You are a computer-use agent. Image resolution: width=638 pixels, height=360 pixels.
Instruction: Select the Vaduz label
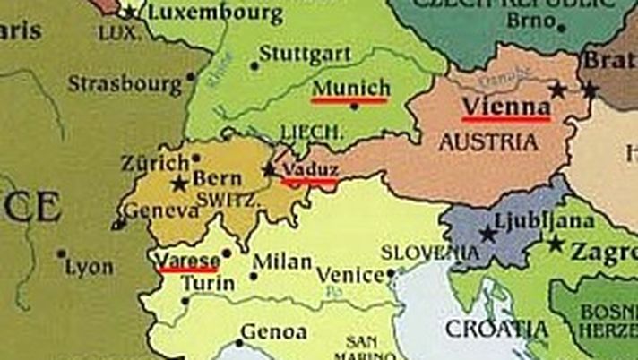point(309,168)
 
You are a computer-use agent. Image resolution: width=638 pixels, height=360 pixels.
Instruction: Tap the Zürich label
point(157,164)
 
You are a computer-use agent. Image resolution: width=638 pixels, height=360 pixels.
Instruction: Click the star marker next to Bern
point(179,184)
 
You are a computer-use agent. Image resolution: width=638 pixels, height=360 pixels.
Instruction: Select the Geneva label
point(161,211)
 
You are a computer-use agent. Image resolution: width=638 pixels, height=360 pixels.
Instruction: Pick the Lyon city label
point(91,267)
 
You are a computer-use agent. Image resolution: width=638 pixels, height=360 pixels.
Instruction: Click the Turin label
point(208,284)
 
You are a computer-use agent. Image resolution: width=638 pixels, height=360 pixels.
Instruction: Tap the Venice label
point(350,274)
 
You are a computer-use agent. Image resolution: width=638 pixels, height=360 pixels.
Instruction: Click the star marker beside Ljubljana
point(487,235)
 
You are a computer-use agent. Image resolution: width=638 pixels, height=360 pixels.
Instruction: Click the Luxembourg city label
point(214,13)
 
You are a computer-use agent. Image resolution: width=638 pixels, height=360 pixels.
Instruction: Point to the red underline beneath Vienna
point(506,118)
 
